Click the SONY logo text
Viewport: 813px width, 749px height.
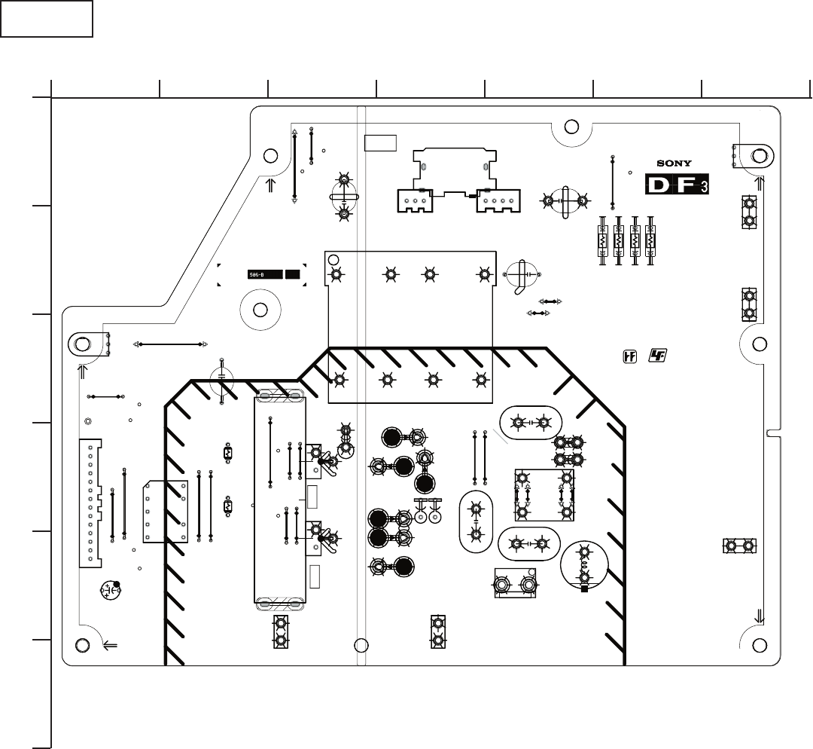pos(674,163)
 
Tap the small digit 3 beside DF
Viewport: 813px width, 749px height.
pos(704,186)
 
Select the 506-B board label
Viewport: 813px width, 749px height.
pos(265,275)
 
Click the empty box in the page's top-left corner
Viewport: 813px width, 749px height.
pos(47,19)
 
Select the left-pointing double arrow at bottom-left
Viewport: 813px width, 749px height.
pos(110,645)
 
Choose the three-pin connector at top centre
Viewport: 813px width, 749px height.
pos(415,201)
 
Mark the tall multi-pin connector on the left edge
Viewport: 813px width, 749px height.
pos(90,503)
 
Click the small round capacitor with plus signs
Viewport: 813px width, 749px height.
pos(111,590)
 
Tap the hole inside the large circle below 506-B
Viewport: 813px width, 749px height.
pos(260,310)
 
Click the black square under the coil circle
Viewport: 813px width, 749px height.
pos(584,589)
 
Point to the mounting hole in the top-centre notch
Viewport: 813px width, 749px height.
pos(571,127)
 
